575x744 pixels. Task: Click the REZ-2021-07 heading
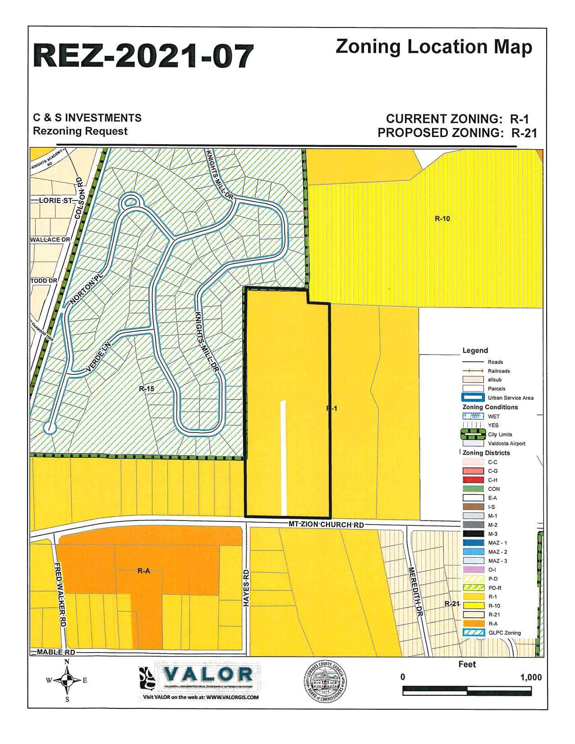143,56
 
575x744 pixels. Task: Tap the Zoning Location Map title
433,47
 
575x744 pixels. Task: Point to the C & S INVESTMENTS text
87,118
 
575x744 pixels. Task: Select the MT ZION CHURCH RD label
326,525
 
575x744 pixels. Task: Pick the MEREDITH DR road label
416,593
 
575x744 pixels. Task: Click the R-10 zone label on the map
442,219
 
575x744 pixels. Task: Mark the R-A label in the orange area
143,571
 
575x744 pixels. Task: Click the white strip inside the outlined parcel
283,457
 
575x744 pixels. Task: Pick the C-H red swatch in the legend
472,480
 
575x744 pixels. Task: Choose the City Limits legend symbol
472,435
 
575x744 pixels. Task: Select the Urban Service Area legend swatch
472,398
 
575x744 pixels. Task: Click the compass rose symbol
67,680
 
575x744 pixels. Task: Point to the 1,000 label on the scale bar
531,677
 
